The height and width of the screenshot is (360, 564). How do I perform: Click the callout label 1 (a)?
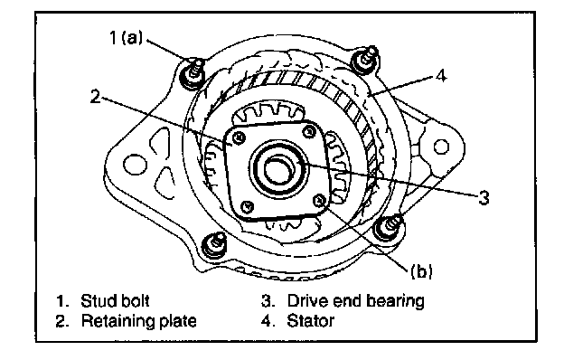[126, 37]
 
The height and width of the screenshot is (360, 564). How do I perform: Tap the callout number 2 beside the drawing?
[95, 97]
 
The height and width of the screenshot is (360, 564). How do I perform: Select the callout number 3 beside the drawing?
[484, 197]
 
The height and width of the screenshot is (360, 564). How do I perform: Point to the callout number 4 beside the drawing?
[441, 76]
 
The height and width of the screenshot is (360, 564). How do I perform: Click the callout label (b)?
[421, 270]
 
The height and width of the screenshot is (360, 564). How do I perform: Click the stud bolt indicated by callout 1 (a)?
[193, 74]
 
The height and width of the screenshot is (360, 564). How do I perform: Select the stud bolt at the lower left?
[214, 245]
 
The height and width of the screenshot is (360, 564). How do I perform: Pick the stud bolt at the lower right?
[389, 227]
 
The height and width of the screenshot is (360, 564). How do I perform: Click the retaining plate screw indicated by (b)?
[319, 200]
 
